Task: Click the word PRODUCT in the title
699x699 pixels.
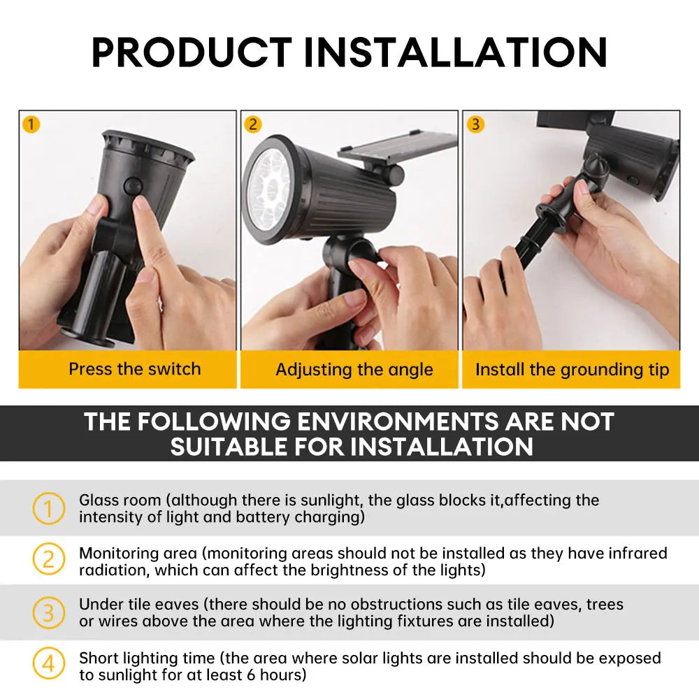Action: (x=192, y=52)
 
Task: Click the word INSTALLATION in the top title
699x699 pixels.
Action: (x=455, y=52)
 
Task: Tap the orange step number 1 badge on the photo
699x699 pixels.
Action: (x=31, y=124)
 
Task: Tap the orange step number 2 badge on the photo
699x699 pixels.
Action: (x=253, y=124)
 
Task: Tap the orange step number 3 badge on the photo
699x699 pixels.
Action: (x=475, y=124)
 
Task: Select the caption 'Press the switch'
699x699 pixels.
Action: (x=134, y=369)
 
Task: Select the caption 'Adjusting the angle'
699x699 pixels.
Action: (x=354, y=370)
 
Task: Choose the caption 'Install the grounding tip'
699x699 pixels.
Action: (x=572, y=370)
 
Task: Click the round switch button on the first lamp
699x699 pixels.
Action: (x=131, y=185)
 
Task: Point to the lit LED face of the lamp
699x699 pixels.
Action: (x=268, y=185)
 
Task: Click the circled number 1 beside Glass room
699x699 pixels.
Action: (x=48, y=508)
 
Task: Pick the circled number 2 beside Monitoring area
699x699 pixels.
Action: (x=48, y=560)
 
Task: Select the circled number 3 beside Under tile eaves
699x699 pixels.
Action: (x=48, y=612)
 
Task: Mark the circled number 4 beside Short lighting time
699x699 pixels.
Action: (x=48, y=664)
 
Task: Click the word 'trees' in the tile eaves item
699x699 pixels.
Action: (x=605, y=604)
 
